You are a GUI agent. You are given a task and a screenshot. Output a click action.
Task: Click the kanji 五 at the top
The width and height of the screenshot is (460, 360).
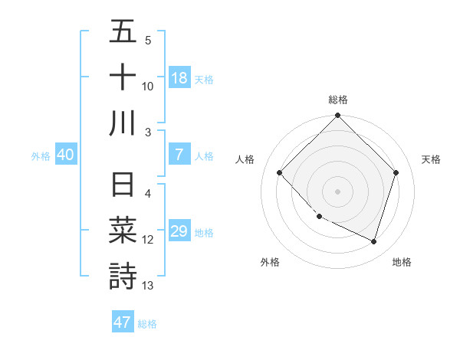(x=123, y=32)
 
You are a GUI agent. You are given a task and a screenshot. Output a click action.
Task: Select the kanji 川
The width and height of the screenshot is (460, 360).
(x=123, y=123)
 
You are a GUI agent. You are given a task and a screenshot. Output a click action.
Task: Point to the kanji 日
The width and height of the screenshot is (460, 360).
(x=123, y=185)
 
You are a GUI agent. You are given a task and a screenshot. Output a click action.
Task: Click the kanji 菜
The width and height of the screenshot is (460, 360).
(x=123, y=231)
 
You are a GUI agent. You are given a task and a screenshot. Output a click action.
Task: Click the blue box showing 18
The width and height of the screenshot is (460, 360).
(x=179, y=77)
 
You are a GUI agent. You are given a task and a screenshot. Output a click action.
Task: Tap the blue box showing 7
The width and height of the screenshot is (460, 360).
(x=179, y=155)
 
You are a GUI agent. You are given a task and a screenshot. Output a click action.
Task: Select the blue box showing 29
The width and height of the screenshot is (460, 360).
(x=179, y=231)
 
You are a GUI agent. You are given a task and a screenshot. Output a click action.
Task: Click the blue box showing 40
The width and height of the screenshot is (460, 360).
(x=65, y=155)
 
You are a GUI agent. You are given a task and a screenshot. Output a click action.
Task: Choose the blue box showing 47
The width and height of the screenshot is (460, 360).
(x=123, y=322)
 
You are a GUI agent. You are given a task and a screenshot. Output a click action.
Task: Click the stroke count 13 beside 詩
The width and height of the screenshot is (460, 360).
(x=148, y=286)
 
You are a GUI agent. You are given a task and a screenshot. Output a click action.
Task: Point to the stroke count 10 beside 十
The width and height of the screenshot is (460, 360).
(x=148, y=86)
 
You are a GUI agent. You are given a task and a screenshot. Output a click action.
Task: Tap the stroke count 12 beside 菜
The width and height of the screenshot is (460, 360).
(x=148, y=240)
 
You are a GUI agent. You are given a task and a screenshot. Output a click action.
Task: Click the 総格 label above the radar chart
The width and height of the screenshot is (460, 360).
(x=338, y=100)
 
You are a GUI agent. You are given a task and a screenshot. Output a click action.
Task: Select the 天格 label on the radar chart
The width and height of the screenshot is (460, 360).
(x=431, y=159)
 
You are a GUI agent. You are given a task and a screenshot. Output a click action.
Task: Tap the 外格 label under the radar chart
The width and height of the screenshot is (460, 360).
(x=270, y=262)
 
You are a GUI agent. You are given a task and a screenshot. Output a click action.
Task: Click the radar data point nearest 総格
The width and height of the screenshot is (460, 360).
(x=338, y=117)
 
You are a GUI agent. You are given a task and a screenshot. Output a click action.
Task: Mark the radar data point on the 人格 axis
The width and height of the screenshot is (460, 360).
(x=280, y=172)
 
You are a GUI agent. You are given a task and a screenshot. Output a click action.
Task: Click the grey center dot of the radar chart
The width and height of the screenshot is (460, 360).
(x=338, y=191)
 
